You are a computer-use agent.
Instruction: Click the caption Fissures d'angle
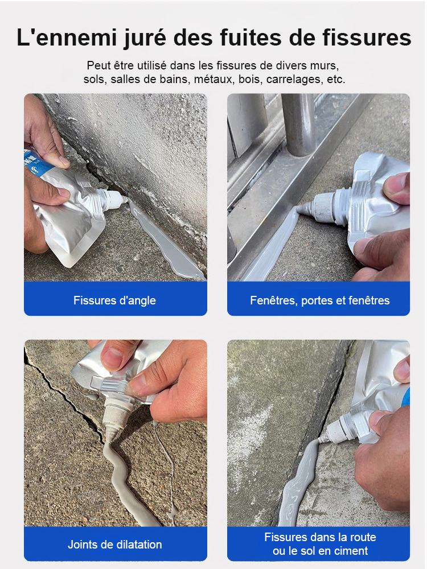click(114, 300)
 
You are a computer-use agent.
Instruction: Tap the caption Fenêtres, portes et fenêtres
click(319, 300)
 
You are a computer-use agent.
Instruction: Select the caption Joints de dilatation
click(114, 545)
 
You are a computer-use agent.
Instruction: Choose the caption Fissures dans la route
click(319, 537)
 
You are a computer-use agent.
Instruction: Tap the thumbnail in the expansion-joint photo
click(112, 358)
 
